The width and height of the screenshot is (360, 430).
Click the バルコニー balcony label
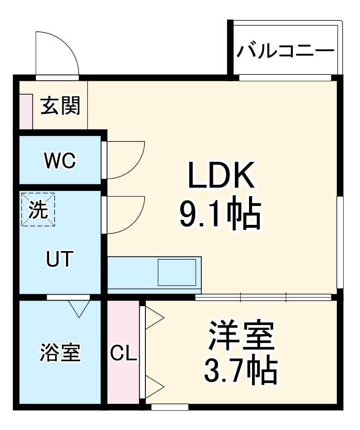coord(285,51)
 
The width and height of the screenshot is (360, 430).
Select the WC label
coord(60,161)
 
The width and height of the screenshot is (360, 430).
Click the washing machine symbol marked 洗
coord(39,209)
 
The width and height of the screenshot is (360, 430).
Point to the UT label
coord(60,260)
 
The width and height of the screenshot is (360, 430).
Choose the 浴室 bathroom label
coord(60,353)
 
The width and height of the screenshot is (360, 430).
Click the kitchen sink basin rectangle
coord(177,272)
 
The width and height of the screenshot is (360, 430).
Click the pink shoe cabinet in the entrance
coord(25,111)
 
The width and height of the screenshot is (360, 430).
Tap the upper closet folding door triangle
coord(154,319)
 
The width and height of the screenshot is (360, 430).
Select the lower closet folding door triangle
coord(154,384)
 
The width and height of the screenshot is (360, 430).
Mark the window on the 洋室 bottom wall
coord(170,407)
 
